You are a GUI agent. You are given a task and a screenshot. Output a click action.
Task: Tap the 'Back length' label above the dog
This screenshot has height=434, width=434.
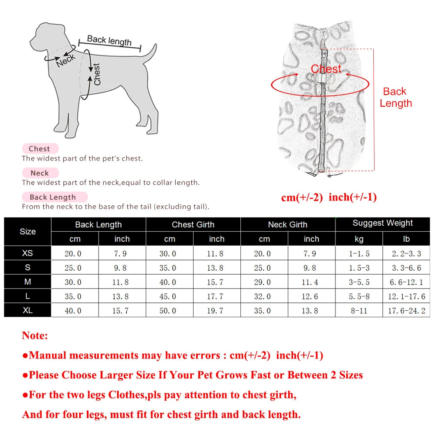point(109,40)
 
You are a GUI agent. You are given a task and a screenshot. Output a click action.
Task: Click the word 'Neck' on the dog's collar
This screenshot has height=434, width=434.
point(66,61)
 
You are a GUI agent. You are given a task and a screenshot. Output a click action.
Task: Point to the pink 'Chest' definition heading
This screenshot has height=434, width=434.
point(39,148)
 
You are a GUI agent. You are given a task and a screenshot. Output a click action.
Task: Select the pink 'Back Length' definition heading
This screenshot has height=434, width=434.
point(53,197)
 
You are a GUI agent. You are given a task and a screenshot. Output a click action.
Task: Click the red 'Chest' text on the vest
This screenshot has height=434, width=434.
point(326,69)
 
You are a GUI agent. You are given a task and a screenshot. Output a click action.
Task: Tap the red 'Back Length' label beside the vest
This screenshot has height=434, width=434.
point(395,97)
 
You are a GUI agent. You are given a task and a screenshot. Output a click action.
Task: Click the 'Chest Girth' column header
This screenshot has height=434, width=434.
point(193,224)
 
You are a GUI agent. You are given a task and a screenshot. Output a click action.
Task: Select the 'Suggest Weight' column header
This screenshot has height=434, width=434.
point(382,223)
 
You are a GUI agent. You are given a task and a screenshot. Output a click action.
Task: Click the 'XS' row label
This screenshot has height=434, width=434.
point(27,253)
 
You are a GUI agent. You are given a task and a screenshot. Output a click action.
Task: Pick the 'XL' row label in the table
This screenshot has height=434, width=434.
point(27,310)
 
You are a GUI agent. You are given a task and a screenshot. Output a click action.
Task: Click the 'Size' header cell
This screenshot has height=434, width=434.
point(27,231)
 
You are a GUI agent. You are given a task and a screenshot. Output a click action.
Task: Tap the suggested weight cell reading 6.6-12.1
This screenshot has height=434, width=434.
point(406,282)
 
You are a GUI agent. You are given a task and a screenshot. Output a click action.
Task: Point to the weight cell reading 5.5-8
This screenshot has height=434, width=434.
point(359,296)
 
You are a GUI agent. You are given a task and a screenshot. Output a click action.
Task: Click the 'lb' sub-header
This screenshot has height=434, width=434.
point(406,239)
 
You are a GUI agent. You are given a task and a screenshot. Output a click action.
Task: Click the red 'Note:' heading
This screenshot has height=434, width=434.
point(35,335)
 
